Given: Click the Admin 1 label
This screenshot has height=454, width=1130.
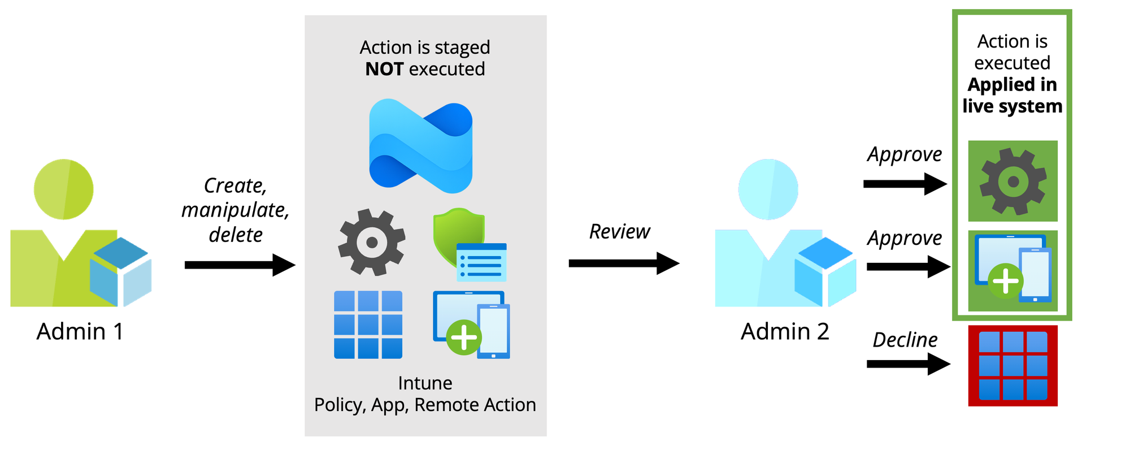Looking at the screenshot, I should pos(80,332).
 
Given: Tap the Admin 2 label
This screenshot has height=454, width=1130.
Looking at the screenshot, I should pos(785,332).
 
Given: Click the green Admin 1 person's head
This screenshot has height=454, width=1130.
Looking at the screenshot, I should pos(64,189).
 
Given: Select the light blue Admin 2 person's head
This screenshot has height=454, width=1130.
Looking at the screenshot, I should pos(768,189).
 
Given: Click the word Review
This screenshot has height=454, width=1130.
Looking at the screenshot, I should pos(620,232).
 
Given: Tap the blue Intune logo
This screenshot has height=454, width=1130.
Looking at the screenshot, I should pos(421,146).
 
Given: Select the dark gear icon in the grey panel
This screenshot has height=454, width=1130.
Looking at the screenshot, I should pos(371,242).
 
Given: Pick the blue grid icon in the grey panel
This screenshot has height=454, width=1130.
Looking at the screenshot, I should pos(368,325).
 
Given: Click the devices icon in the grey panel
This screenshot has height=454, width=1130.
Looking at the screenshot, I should pos(471,325).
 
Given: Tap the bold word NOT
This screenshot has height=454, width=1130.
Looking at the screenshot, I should pos(384,69).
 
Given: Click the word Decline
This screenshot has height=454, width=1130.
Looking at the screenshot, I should pos(905,340).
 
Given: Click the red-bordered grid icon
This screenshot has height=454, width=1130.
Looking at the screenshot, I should pos(1012,366).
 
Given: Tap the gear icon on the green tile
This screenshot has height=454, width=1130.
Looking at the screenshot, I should pos(1012,181).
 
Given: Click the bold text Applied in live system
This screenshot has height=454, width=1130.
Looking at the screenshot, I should pos(1012,96).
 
